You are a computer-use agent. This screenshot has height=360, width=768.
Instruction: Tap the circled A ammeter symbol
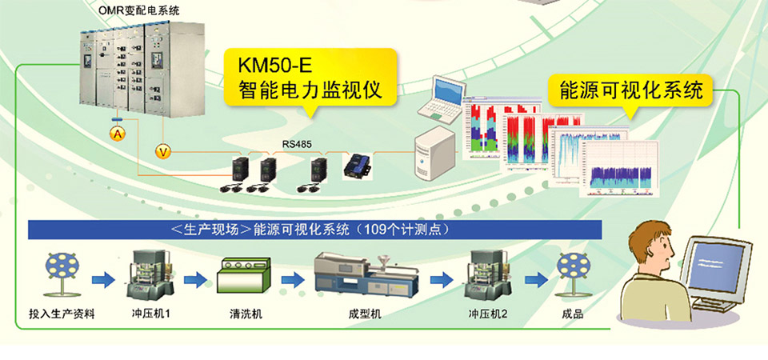(117, 134)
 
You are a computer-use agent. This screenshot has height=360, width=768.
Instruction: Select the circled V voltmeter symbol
(163, 150)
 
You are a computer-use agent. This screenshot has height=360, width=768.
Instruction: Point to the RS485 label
(296, 145)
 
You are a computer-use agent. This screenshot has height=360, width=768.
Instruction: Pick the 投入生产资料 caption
(62, 314)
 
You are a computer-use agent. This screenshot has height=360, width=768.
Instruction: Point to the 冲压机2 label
(488, 314)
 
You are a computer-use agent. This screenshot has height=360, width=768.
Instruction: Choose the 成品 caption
(573, 314)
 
